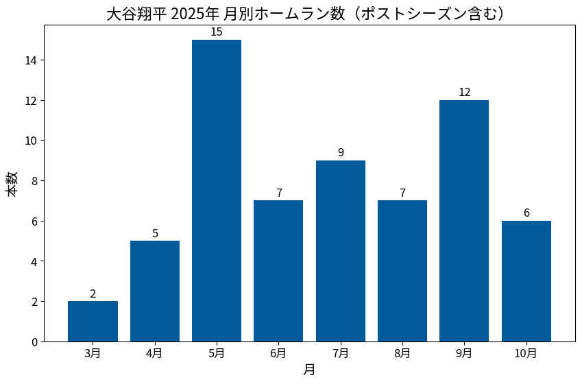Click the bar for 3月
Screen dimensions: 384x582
[x=93, y=321]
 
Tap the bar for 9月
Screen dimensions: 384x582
[x=464, y=221]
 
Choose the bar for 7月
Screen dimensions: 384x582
[x=340, y=251]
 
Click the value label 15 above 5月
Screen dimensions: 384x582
[x=217, y=32]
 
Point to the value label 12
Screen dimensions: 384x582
[x=464, y=93]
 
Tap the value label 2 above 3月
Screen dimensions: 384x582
[x=93, y=293]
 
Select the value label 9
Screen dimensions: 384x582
[x=340, y=153]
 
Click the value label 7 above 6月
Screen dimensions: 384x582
[x=278, y=193]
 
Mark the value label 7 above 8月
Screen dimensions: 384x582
[x=402, y=193]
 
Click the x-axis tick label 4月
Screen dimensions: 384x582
[x=155, y=353]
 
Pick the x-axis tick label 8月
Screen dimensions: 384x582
[x=402, y=353]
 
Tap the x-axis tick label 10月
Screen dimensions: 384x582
[x=526, y=353]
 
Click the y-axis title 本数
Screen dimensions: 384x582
[x=13, y=184]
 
